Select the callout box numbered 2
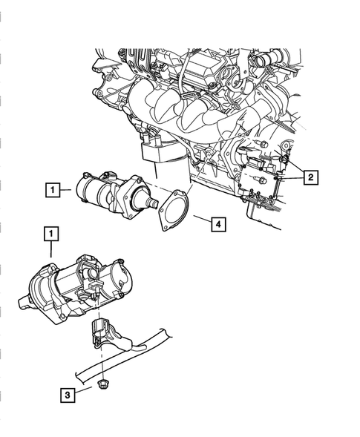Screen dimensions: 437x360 point(310,177)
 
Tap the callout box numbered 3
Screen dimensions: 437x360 point(68,395)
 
